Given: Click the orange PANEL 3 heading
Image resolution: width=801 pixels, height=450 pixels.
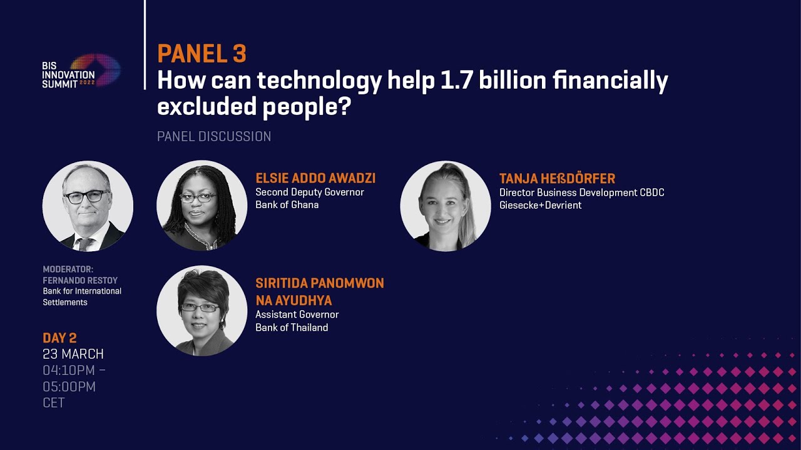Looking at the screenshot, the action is click(202, 54).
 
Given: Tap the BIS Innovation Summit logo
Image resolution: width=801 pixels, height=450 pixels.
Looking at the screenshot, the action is click(81, 71).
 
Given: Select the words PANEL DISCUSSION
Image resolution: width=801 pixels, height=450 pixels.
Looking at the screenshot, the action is click(214, 136).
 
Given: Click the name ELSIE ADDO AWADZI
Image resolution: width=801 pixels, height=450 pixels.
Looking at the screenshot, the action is click(315, 178).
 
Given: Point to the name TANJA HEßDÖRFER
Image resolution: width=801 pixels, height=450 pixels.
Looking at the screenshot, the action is click(557, 178).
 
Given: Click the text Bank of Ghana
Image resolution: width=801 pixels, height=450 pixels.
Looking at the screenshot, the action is click(287, 204).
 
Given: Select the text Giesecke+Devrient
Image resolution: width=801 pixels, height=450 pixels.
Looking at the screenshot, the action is click(540, 205).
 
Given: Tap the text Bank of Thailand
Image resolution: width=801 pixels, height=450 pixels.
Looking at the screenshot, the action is click(292, 327).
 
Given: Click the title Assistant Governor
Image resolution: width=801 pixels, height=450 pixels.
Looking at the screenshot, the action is click(297, 314).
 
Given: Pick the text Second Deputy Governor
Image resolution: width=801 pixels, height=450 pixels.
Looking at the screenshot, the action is click(310, 192).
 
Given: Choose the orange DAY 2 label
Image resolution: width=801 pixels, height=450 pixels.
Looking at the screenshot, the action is click(59, 338).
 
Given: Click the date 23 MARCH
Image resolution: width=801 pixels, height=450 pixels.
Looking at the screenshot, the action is click(73, 354).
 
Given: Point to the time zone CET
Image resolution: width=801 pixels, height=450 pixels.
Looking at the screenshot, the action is click(54, 402).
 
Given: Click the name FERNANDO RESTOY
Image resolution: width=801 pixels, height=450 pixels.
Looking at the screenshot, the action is click(80, 281).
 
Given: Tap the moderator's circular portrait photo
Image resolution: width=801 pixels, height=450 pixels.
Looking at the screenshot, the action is click(88, 206).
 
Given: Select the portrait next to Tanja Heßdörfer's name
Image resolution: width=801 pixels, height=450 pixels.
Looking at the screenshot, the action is click(446, 206).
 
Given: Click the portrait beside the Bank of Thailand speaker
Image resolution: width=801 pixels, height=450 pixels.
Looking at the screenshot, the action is click(202, 311).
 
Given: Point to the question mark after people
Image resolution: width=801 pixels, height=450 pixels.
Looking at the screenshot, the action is click(344, 106).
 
